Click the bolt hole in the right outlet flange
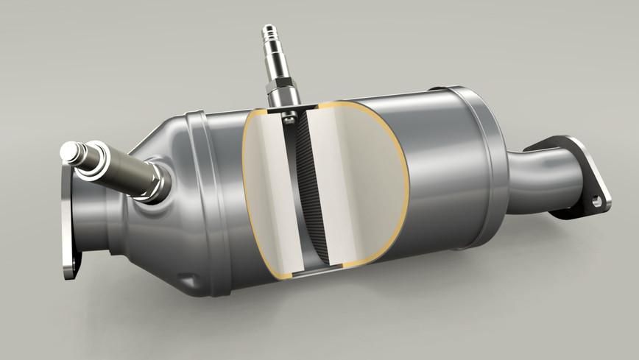click(x=597, y=199)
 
